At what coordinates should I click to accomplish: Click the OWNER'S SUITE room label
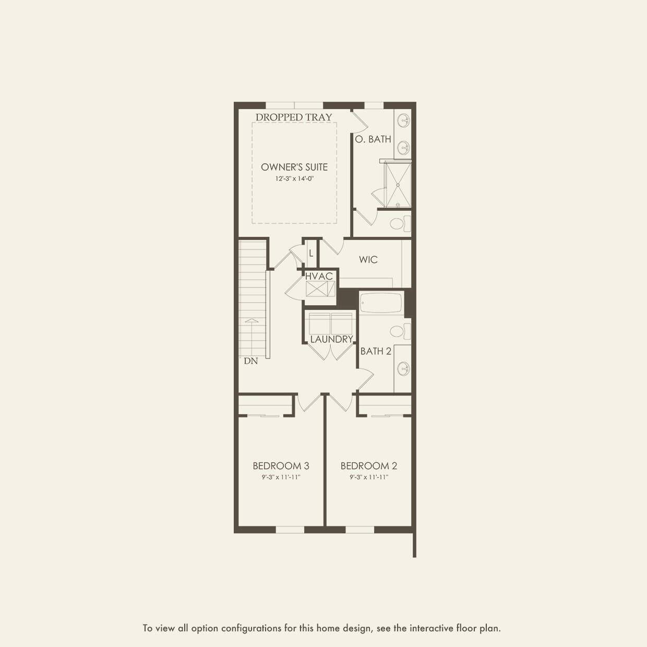[x=294, y=167]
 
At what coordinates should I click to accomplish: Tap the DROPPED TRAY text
[x=294, y=117]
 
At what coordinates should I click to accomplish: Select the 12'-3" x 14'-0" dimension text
[x=294, y=178]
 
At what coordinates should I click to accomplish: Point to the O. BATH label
[x=373, y=139]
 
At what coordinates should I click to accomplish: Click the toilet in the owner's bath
[x=400, y=224]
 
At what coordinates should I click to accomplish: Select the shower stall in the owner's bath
[x=398, y=184]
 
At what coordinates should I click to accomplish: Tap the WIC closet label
[x=368, y=260]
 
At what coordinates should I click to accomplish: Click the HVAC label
[x=319, y=276]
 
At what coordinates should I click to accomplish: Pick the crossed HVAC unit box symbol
[x=320, y=289]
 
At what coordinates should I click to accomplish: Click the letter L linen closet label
[x=311, y=254]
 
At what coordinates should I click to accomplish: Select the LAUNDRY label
[x=331, y=339]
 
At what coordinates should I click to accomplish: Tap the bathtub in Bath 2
[x=381, y=304]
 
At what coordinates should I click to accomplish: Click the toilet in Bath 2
[x=400, y=331]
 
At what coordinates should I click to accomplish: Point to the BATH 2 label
[x=376, y=351]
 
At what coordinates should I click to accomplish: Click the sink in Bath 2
[x=403, y=368]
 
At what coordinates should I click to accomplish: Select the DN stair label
[x=251, y=361]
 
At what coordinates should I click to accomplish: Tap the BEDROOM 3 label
[x=281, y=466]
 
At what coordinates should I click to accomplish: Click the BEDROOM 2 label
[x=369, y=466]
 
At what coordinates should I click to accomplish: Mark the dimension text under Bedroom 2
[x=369, y=477]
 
